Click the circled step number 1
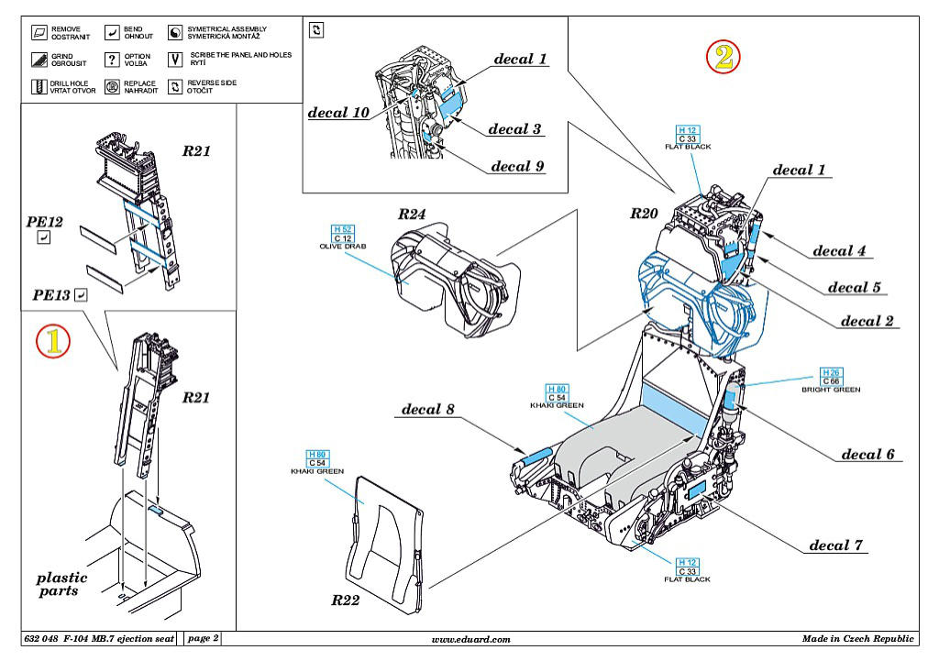tap(52, 341)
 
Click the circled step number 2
tap(723, 58)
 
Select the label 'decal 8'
tap(428, 409)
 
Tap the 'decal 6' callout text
tap(867, 455)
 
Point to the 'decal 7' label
tap(835, 545)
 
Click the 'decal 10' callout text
tap(338, 113)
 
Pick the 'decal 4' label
tap(839, 251)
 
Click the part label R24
tap(413, 215)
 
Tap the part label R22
tap(346, 601)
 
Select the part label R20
tap(644, 213)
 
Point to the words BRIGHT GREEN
tap(831, 390)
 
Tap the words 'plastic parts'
tap(62, 584)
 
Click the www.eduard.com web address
tap(470, 639)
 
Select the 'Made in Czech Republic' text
tap(857, 639)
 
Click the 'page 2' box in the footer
tap(203, 638)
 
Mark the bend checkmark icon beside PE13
tap(81, 295)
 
